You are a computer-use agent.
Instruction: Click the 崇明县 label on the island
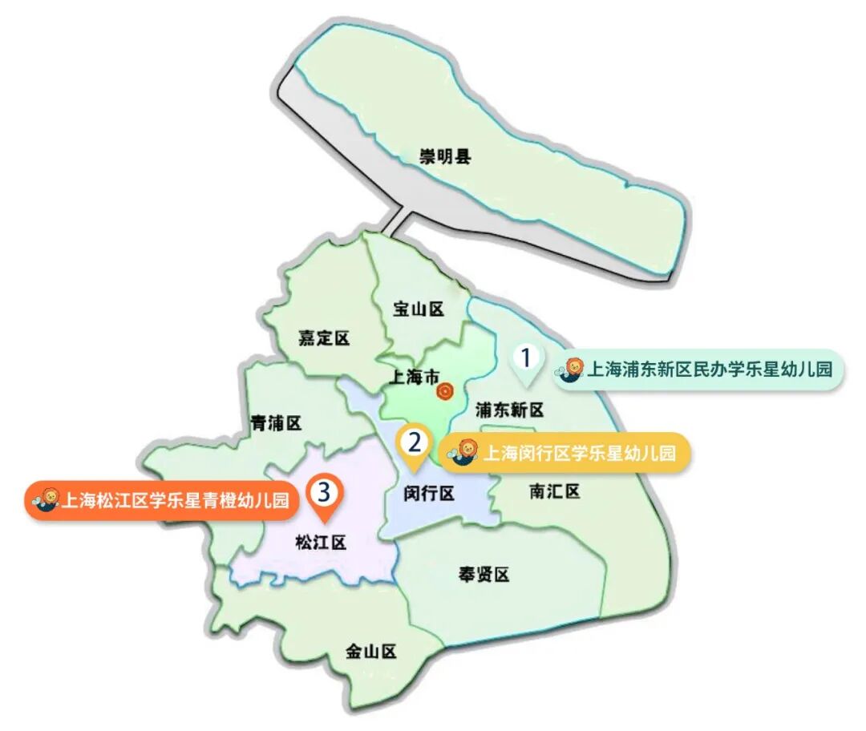coord(446,156)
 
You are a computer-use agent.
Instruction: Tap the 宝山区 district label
coord(419,309)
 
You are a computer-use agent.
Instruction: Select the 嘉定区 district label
coord(324,338)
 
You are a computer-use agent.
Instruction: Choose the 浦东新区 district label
coord(509,410)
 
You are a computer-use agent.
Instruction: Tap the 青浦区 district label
coord(275,422)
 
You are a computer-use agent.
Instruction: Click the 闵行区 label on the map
coord(429,494)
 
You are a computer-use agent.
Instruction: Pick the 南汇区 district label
coord(554,491)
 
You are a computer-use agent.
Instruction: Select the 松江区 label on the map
coord(320,543)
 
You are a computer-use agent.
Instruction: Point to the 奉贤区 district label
coord(484,574)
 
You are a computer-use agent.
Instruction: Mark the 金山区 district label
coord(371,651)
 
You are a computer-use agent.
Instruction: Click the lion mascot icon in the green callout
coord(573,370)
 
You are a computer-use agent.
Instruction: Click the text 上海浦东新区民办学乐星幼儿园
coord(710,370)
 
